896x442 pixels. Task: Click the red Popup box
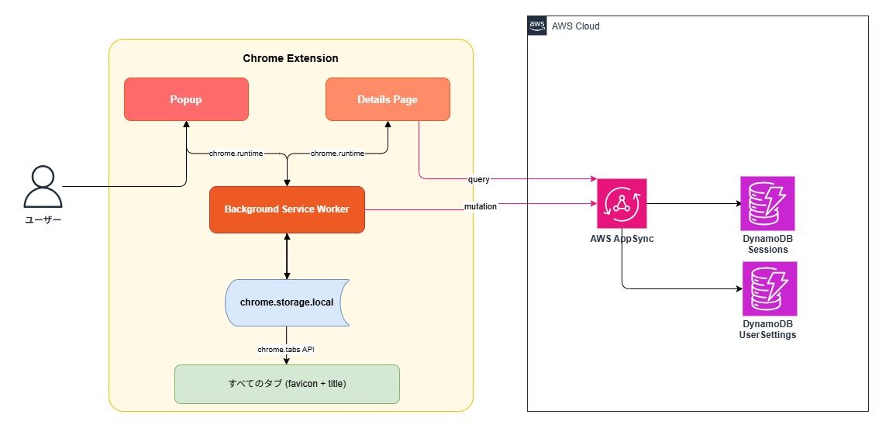(x=186, y=99)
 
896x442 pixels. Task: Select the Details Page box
(x=388, y=99)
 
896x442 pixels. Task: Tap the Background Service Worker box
(x=287, y=209)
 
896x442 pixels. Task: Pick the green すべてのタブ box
(x=287, y=384)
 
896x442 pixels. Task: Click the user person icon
(x=43, y=187)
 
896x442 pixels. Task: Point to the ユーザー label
(x=43, y=221)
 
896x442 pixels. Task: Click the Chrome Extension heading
(x=291, y=59)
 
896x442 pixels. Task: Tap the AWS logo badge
(x=537, y=26)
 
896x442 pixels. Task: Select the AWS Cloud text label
(x=575, y=26)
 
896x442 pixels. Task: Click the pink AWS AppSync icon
(x=622, y=203)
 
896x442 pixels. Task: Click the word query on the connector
(x=478, y=179)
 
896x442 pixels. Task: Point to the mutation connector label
(x=481, y=207)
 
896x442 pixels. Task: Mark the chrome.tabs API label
(x=286, y=350)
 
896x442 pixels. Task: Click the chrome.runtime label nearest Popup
(x=236, y=154)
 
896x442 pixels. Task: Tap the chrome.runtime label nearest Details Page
(x=337, y=154)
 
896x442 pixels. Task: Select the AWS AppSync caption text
(x=622, y=239)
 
